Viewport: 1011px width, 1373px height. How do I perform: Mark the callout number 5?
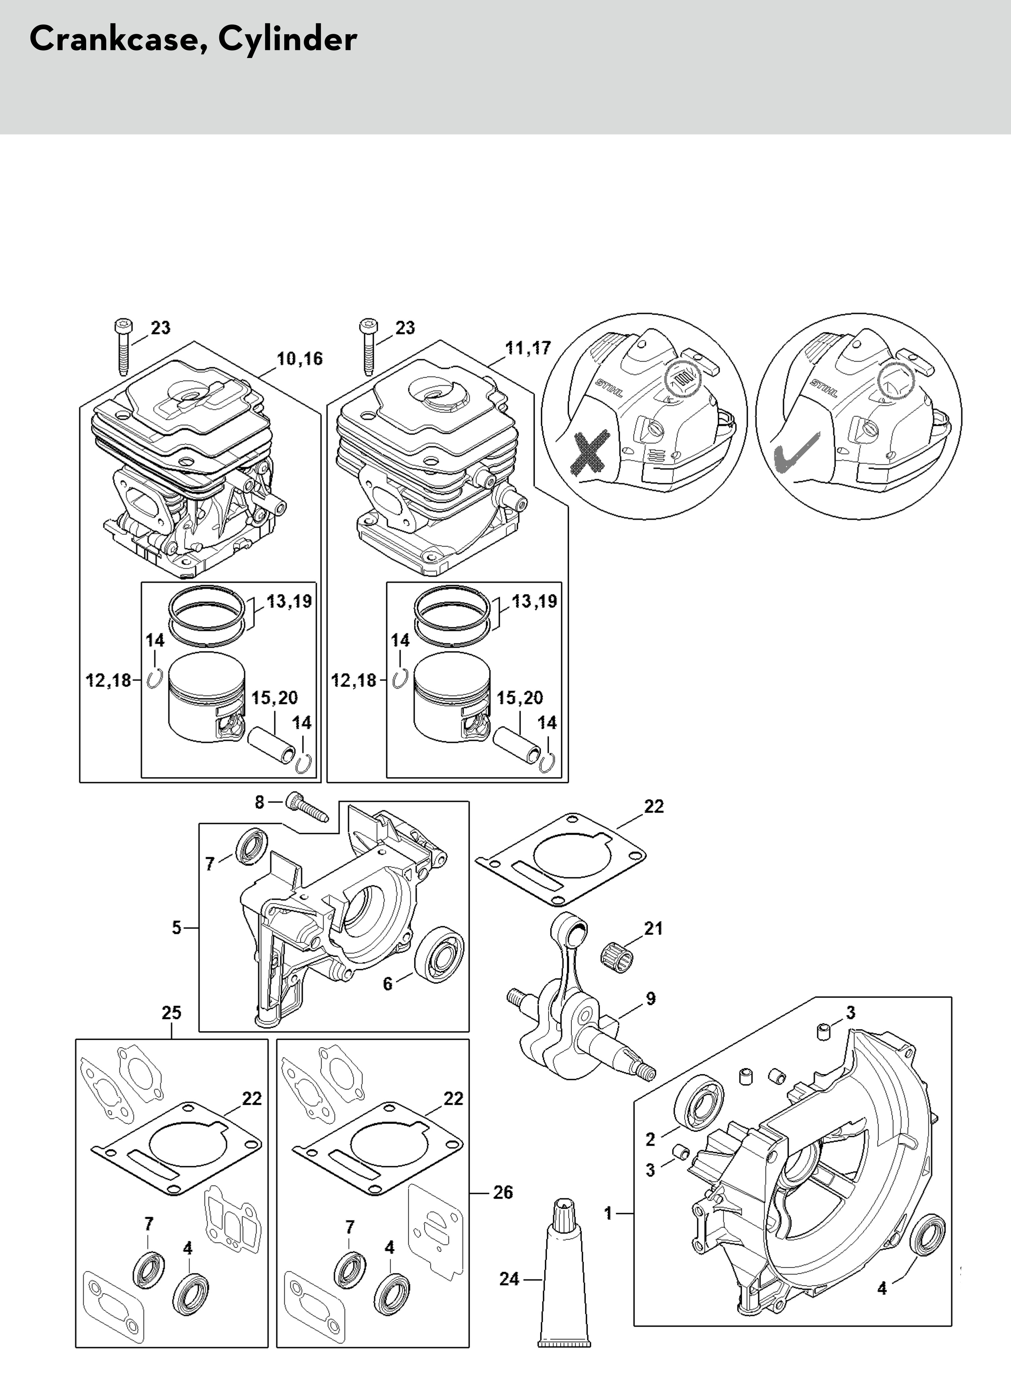(x=176, y=928)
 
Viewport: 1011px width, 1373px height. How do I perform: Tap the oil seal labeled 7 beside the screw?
(x=251, y=846)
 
